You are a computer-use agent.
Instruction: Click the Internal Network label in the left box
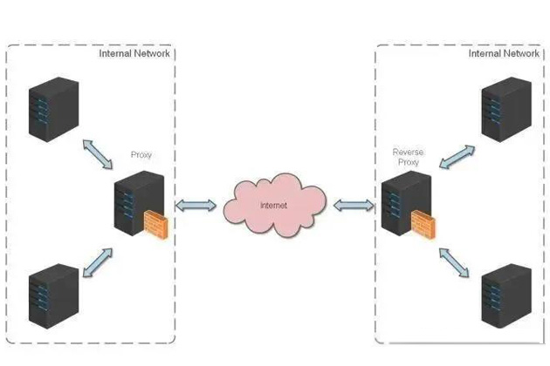pos(134,53)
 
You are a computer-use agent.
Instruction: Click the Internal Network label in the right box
pos(504,53)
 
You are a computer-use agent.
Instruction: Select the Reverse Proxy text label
pos(406,158)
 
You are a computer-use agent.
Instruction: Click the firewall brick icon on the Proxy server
pos(156,226)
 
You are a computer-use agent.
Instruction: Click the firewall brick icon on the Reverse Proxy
pos(423,227)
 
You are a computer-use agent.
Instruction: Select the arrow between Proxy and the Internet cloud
pos(196,206)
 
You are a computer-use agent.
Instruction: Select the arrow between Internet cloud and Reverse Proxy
pos(354,206)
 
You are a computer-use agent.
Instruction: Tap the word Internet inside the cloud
pos(274,206)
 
